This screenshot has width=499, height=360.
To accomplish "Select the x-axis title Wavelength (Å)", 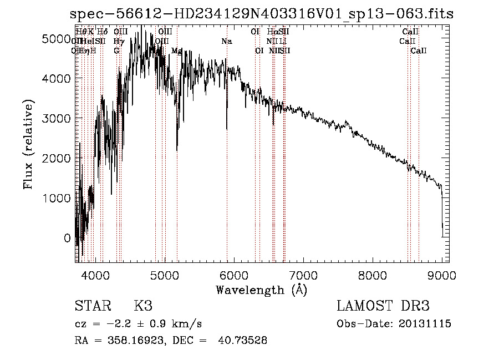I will click(261, 290).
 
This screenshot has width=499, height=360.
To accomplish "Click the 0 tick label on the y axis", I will click(67, 238).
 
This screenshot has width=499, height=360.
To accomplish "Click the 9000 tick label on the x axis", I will click(442, 276).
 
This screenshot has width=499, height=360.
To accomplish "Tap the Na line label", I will click(226, 42).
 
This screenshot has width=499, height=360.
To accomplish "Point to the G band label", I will click(116, 50).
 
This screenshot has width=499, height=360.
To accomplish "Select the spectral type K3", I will click(143, 306).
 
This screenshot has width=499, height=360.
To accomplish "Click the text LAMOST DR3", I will click(383, 306).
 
